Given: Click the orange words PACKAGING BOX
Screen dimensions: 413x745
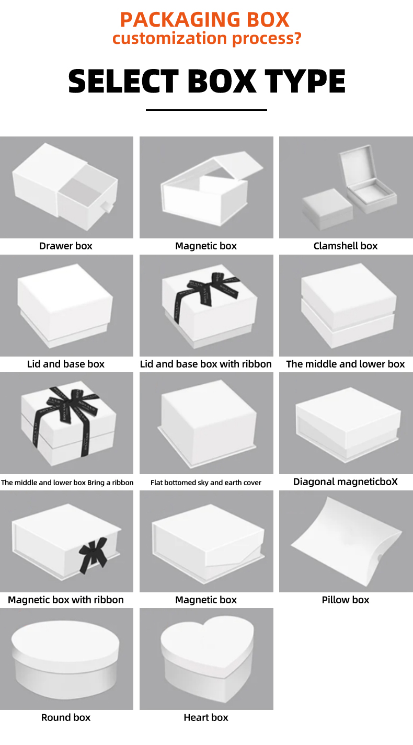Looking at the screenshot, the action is pyautogui.click(x=204, y=20).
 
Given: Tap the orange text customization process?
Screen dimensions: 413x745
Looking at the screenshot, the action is pyautogui.click(x=206, y=39).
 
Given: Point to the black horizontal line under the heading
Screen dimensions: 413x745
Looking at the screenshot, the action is pyautogui.click(x=206, y=110).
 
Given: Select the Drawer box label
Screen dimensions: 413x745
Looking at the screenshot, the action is pyautogui.click(x=66, y=246).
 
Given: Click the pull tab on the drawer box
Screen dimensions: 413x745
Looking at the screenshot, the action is pyautogui.click(x=108, y=207).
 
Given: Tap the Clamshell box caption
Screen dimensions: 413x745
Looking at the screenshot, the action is pyautogui.click(x=346, y=246).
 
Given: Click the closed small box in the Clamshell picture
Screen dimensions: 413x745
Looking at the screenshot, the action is pyautogui.click(x=327, y=209).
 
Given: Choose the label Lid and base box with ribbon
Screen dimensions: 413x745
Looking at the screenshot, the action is pyautogui.click(x=206, y=364).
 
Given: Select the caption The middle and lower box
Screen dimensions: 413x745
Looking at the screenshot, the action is pyautogui.click(x=346, y=364).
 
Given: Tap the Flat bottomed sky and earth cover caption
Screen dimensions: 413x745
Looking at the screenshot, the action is pyautogui.click(x=206, y=483).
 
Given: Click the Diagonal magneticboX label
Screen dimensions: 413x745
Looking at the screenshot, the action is pyautogui.click(x=346, y=482).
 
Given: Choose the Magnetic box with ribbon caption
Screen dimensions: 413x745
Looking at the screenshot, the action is pyautogui.click(x=66, y=600).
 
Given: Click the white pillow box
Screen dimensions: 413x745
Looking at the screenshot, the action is pyautogui.click(x=347, y=542).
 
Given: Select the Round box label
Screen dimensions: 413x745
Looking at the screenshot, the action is pyautogui.click(x=66, y=718).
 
